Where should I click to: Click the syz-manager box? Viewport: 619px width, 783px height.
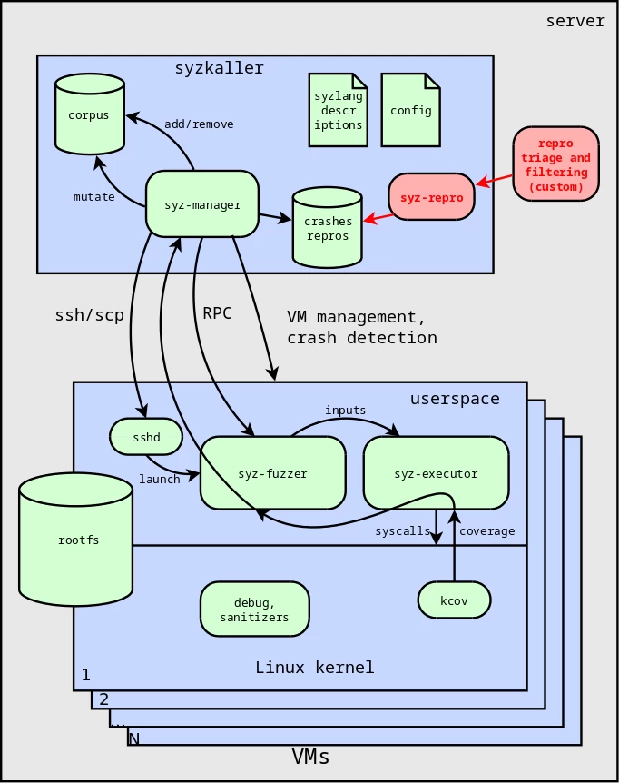pos(202,204)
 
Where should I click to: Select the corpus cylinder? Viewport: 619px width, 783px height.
pos(89,114)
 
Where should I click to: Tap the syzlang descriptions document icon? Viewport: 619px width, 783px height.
pos(339,110)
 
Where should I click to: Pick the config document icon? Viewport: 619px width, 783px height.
pos(410,110)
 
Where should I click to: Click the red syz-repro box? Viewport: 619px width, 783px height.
pos(431,197)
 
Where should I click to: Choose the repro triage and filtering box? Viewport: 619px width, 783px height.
pos(555,164)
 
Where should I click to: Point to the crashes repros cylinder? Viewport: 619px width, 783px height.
pos(327,228)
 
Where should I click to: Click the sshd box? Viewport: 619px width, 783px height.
pos(146,437)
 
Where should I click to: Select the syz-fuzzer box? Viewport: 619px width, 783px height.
pos(272,473)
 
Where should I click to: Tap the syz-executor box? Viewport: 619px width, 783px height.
pos(436,473)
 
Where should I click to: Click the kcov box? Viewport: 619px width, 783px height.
pos(454,600)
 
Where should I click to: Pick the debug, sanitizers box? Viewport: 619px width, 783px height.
pos(254,610)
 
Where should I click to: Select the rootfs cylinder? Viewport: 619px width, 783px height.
pos(78,540)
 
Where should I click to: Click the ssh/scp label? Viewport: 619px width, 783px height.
pos(89,315)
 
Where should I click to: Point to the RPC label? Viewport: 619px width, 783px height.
pos(217,313)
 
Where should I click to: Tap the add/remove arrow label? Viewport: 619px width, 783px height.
pos(199,124)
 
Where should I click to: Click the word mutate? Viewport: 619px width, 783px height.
pos(94,196)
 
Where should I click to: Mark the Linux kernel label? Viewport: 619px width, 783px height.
pos(314,668)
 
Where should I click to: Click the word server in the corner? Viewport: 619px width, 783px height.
pos(575,21)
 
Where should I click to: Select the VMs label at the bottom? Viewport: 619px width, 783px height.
pos(310,757)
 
